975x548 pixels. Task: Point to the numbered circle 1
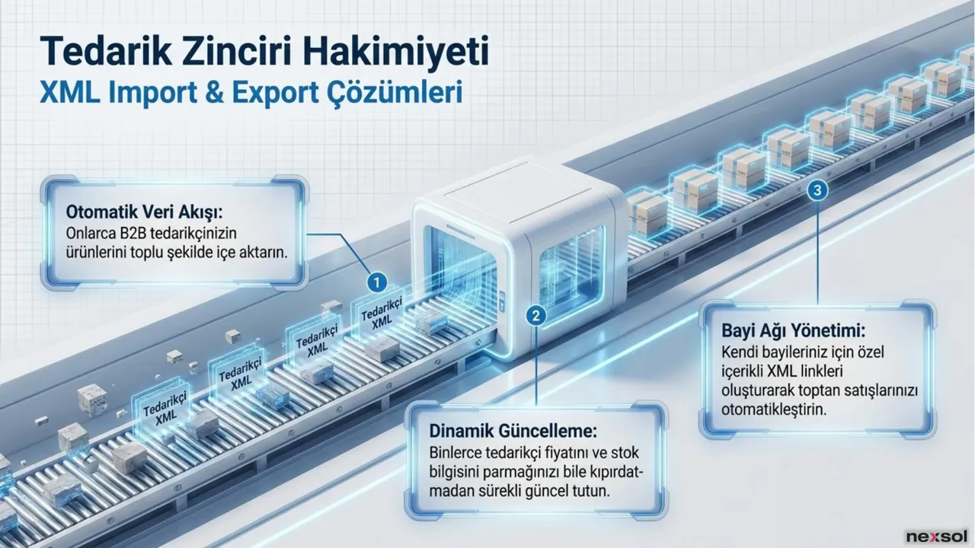(377, 282)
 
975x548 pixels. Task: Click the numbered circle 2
(535, 315)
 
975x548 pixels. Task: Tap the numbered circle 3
(817, 190)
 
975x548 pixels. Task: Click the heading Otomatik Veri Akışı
(144, 212)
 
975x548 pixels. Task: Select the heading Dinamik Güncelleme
(513, 431)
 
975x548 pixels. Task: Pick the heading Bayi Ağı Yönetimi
(794, 330)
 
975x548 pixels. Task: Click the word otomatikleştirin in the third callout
(773, 409)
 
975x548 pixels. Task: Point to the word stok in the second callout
(625, 452)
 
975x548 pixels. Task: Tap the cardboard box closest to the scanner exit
(647, 213)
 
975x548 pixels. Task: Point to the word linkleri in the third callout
(815, 371)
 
